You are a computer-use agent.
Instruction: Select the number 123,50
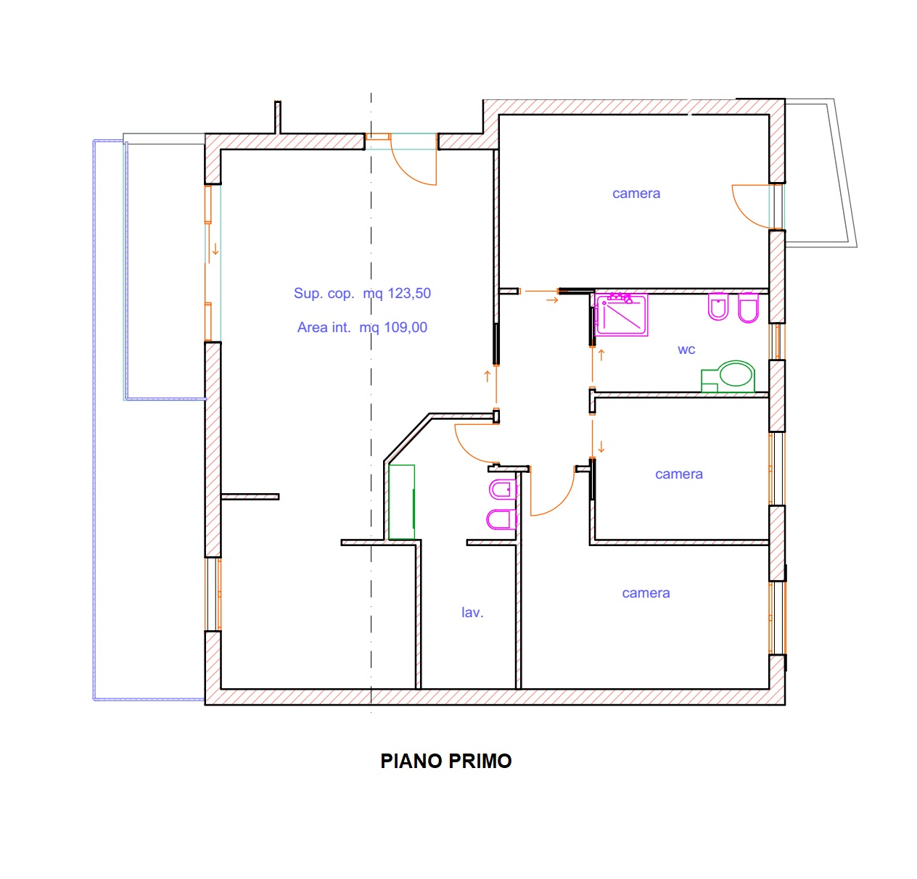coord(409,293)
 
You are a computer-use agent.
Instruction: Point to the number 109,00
coord(406,327)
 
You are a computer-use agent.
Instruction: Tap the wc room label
coord(686,350)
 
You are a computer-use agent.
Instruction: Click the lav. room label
coord(472,612)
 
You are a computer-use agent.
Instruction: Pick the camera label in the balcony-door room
coord(636,193)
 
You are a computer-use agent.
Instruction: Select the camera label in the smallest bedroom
coord(678,474)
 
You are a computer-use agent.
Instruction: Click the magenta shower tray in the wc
coord(622,314)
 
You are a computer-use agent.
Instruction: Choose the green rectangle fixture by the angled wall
coord(401,502)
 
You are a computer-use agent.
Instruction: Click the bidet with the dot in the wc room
coord(718,307)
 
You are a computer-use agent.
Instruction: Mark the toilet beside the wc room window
coord(748,308)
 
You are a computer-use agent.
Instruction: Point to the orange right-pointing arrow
coord(552,300)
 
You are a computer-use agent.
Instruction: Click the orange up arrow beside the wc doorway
coord(601,355)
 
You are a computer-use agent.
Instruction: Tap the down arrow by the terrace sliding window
coord(215,249)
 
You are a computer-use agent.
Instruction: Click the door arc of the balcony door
coord(746,212)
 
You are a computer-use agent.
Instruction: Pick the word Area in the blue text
coord(311,327)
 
